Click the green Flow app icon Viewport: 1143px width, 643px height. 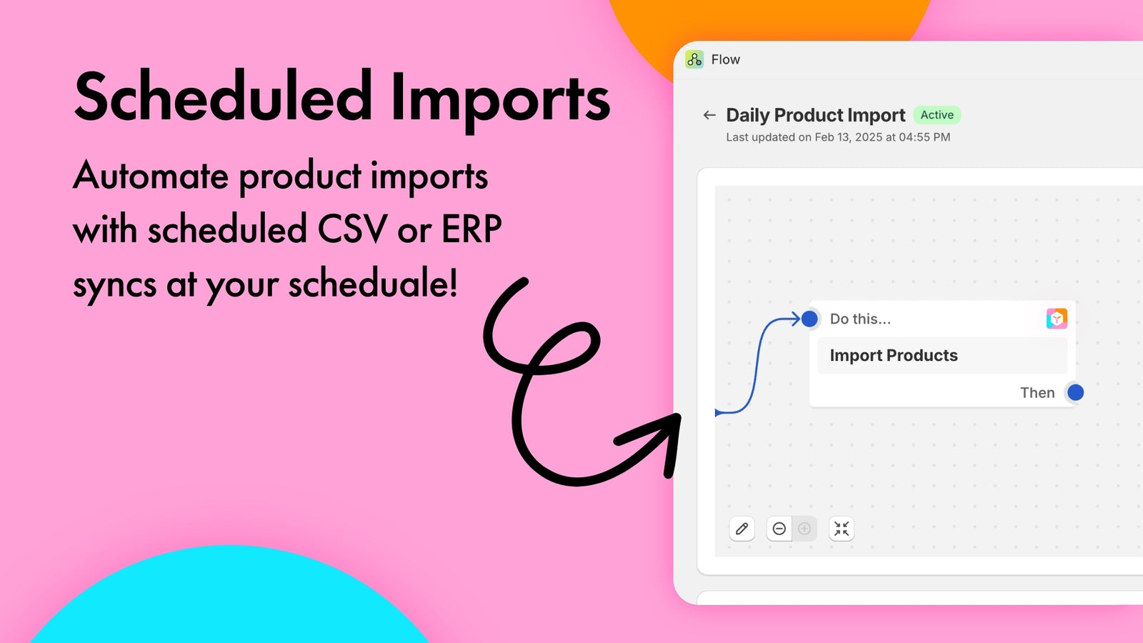(x=694, y=60)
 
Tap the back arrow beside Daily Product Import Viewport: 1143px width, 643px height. (x=709, y=115)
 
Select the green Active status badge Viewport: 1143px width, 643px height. (x=937, y=115)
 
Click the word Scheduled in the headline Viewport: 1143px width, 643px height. (x=223, y=97)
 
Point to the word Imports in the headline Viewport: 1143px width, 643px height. (x=500, y=100)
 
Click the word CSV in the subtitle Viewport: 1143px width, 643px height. (x=352, y=229)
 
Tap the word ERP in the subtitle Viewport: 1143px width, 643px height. (x=471, y=229)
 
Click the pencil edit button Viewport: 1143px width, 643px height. (x=742, y=529)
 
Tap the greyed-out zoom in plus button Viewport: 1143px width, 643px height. (x=804, y=529)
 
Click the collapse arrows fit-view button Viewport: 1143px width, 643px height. (x=842, y=529)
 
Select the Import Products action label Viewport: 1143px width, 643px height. (x=894, y=355)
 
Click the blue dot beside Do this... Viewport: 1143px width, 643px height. (x=809, y=319)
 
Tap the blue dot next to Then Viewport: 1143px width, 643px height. (x=1076, y=392)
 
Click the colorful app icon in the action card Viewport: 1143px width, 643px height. (x=1057, y=319)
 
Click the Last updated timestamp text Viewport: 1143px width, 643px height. (x=838, y=137)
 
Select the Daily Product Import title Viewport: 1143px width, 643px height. (x=815, y=115)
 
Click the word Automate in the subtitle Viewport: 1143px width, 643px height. (x=151, y=176)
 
